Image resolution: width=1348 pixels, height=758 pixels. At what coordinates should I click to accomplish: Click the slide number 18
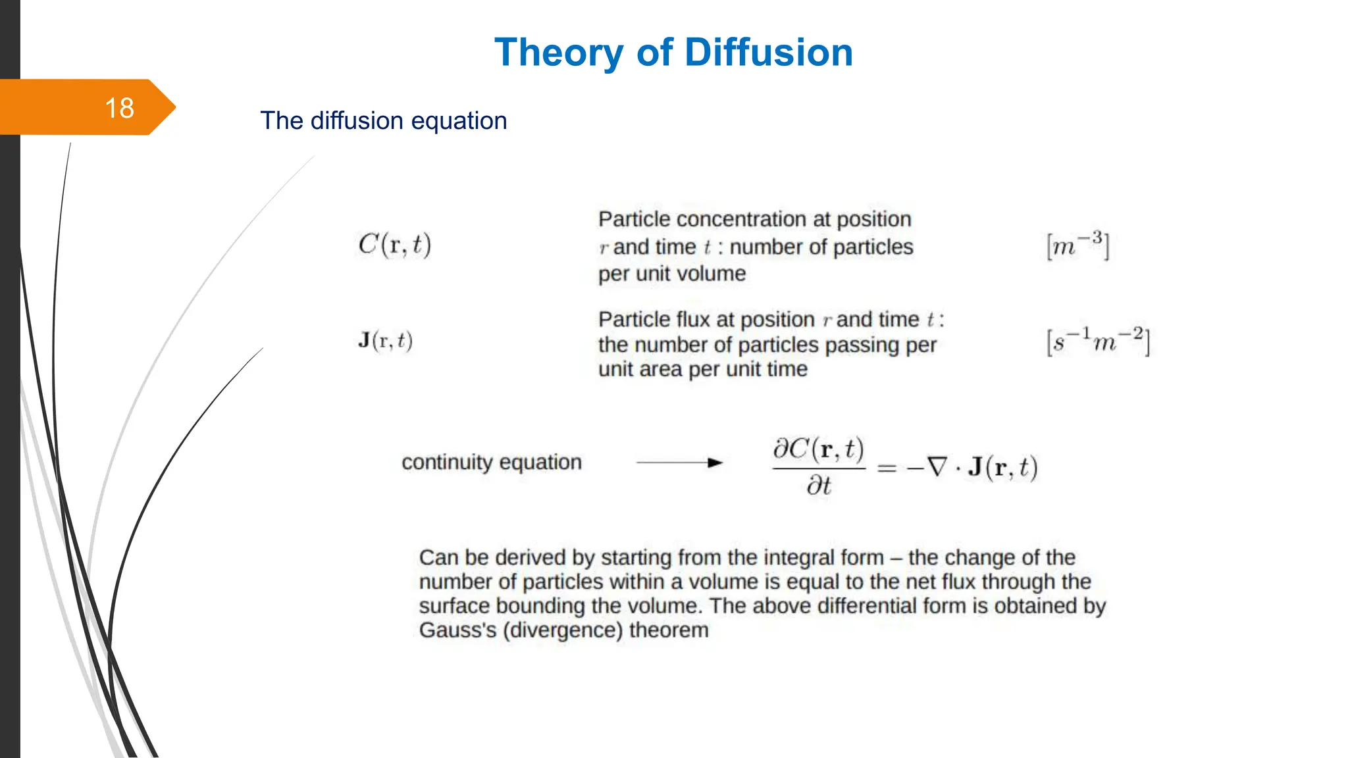click(x=119, y=108)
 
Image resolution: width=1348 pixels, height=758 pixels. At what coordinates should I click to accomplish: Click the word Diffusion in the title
click(x=769, y=52)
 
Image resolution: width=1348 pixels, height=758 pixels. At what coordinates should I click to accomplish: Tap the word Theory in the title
click(x=559, y=52)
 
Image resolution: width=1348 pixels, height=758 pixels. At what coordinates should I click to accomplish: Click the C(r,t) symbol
click(x=394, y=245)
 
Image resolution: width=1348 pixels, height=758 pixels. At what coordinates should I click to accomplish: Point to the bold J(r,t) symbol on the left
click(x=385, y=340)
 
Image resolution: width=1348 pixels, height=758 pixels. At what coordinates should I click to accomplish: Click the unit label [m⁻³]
click(x=1077, y=246)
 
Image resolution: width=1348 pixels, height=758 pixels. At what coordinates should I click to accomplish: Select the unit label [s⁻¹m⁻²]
click(x=1098, y=341)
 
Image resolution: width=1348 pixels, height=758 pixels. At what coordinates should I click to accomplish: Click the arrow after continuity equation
click(x=680, y=463)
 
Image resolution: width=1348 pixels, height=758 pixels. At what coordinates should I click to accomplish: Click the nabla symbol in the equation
click(x=937, y=467)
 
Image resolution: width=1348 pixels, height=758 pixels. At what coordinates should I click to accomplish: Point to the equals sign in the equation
click(x=887, y=468)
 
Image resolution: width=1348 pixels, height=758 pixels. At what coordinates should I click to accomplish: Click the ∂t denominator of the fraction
click(x=819, y=486)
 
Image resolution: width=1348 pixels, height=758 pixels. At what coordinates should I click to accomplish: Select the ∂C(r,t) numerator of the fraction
click(x=818, y=449)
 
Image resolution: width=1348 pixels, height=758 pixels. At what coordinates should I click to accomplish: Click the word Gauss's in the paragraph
click(x=457, y=630)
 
